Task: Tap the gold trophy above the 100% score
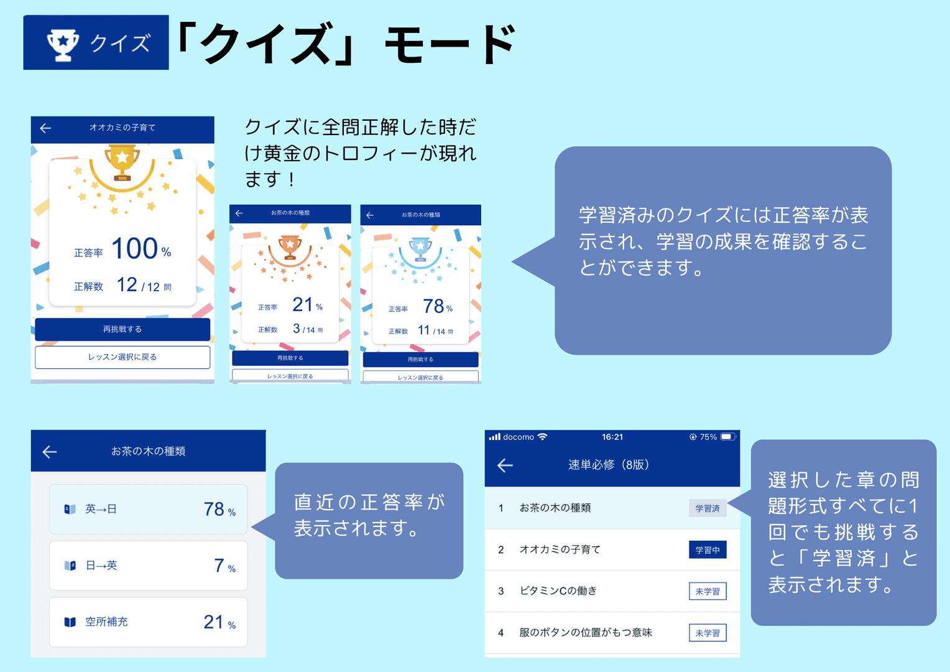(122, 162)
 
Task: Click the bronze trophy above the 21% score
(290, 248)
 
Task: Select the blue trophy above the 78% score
(420, 249)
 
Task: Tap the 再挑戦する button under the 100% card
(122, 329)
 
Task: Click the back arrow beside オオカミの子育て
(45, 128)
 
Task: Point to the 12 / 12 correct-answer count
(144, 285)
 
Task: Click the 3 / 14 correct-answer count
(308, 329)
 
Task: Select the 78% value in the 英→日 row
(219, 510)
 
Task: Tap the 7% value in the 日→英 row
(225, 566)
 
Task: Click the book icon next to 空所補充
(70, 622)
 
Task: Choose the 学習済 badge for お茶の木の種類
(708, 508)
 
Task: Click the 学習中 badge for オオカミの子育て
(708, 550)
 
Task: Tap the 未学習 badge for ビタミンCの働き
(708, 591)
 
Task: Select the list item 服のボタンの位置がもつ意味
(586, 633)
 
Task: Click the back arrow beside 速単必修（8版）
(505, 465)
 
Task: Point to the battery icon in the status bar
(728, 437)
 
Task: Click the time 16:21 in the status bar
(612, 437)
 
